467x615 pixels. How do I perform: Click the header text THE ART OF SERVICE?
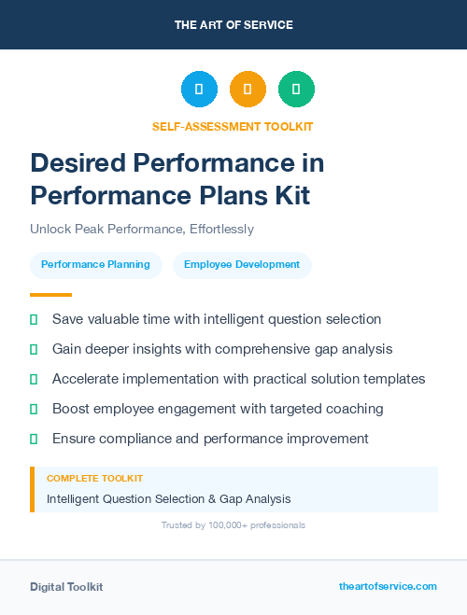click(233, 25)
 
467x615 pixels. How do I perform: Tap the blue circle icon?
click(199, 90)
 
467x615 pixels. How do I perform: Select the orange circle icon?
click(248, 90)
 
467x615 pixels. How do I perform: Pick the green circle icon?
click(296, 90)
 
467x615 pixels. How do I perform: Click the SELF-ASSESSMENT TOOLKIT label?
click(233, 126)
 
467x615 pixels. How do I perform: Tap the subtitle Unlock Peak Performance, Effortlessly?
click(142, 229)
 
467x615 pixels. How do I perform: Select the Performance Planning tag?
click(95, 265)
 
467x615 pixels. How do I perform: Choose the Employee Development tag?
click(242, 265)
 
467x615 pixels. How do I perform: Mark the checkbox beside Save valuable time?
click(34, 319)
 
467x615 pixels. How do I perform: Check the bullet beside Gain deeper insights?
click(34, 349)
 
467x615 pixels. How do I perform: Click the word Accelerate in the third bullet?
click(89, 379)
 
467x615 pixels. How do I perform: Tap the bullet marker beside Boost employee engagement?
click(34, 409)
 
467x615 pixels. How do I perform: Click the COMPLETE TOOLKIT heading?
click(94, 479)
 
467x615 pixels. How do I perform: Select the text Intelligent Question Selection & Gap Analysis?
click(168, 499)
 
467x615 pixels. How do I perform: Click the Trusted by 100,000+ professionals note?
click(233, 525)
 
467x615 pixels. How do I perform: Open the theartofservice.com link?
click(388, 586)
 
